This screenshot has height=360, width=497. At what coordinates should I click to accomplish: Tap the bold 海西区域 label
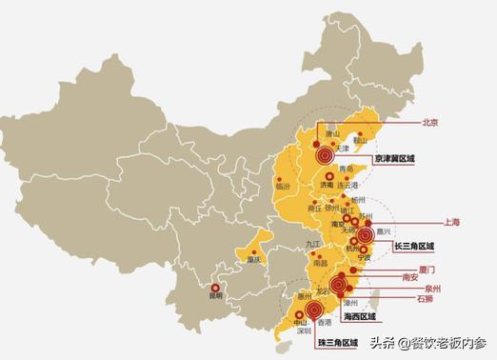click(x=360, y=316)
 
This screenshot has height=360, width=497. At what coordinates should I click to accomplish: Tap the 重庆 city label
click(x=252, y=258)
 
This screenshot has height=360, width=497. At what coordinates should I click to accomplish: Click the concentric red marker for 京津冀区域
click(x=326, y=152)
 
